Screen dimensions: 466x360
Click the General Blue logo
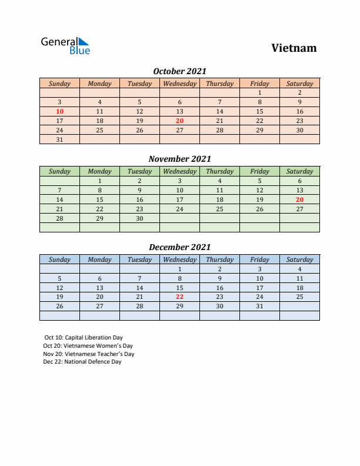tap(65, 46)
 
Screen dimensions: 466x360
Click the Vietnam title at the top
tap(294, 48)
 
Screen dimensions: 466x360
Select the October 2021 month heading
tap(179, 71)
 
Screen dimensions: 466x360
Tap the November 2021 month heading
tap(179, 159)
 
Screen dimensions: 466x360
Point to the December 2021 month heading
tap(179, 247)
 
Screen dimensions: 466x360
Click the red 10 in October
tap(59, 111)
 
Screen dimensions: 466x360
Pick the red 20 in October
tap(179, 121)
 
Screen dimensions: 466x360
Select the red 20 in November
tap(299, 199)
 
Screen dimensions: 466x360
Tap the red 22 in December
tap(179, 297)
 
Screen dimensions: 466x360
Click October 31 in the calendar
tap(59, 139)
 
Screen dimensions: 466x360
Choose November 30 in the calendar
tap(139, 218)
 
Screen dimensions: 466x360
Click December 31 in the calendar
tap(259, 307)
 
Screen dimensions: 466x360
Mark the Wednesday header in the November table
tap(179, 171)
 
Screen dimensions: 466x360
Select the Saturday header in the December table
tap(299, 259)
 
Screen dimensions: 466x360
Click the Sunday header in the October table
tap(59, 84)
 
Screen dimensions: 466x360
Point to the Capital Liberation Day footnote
tap(84, 338)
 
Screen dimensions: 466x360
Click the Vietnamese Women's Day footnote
tap(88, 346)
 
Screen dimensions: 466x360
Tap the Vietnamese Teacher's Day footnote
tap(89, 354)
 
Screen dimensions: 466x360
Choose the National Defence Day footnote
tap(82, 362)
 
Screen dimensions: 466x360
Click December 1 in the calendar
tap(179, 269)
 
